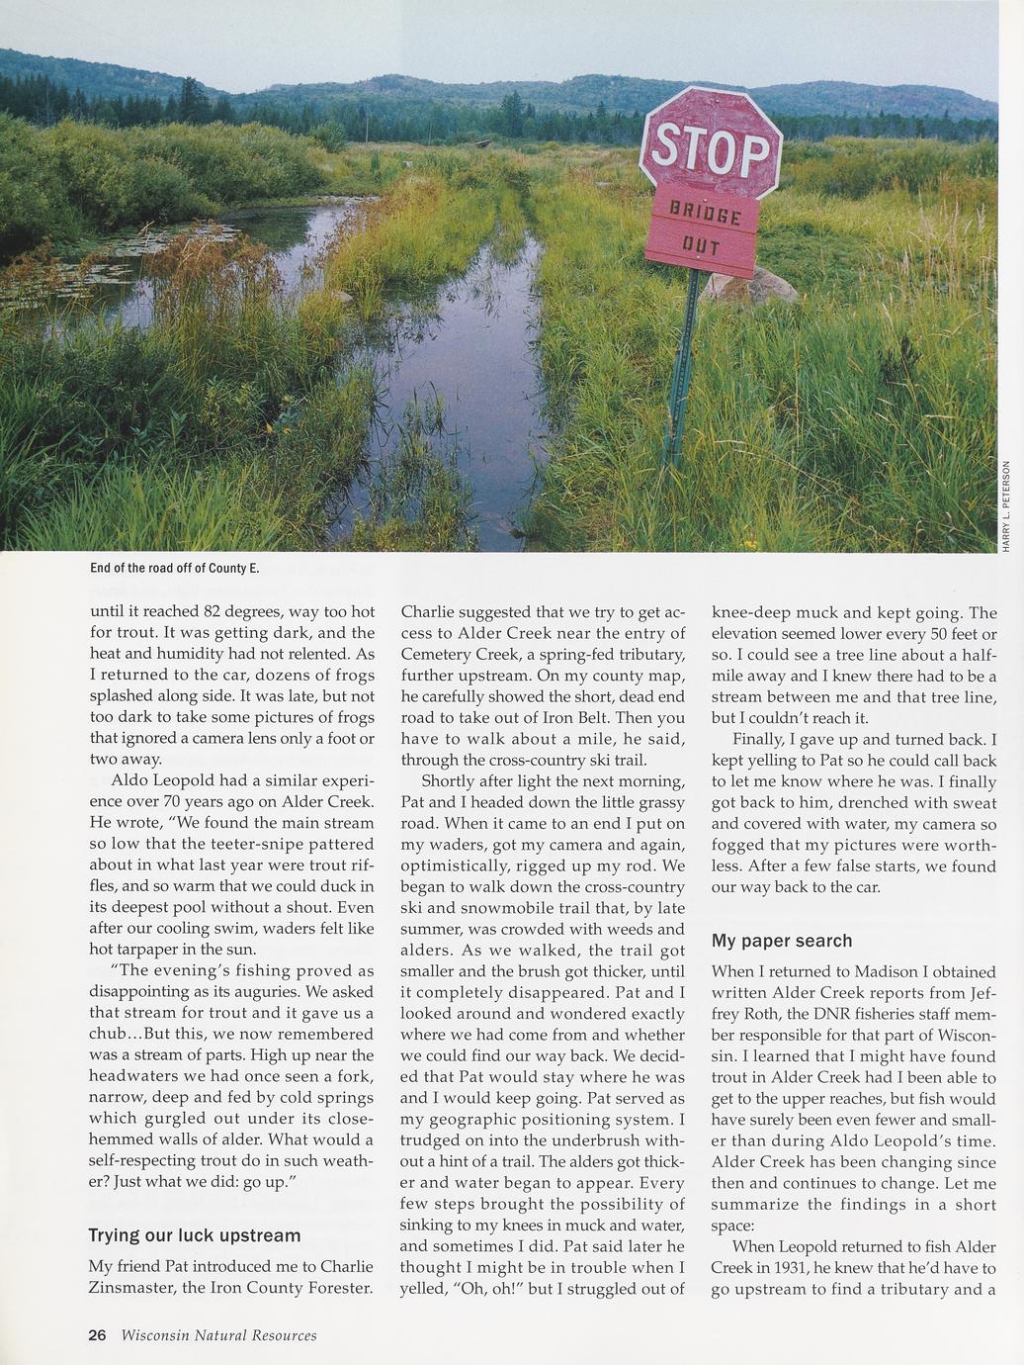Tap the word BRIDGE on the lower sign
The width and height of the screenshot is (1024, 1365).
(x=705, y=214)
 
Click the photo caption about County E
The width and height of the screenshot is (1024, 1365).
(x=174, y=568)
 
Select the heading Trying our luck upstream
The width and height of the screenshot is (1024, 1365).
(x=195, y=1235)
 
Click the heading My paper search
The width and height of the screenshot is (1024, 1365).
(x=782, y=941)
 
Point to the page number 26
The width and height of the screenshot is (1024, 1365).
(x=97, y=1335)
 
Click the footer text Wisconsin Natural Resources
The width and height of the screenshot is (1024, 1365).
(x=219, y=1335)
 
